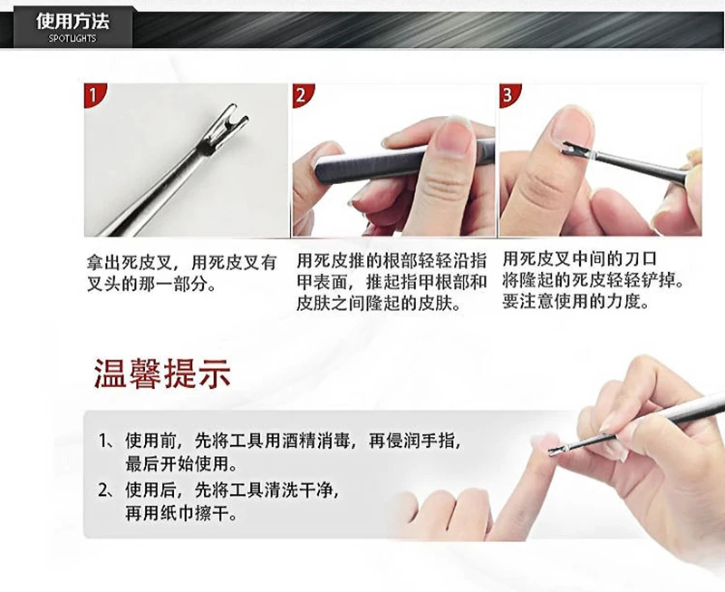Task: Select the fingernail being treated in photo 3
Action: [571, 127]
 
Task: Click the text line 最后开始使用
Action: [181, 465]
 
